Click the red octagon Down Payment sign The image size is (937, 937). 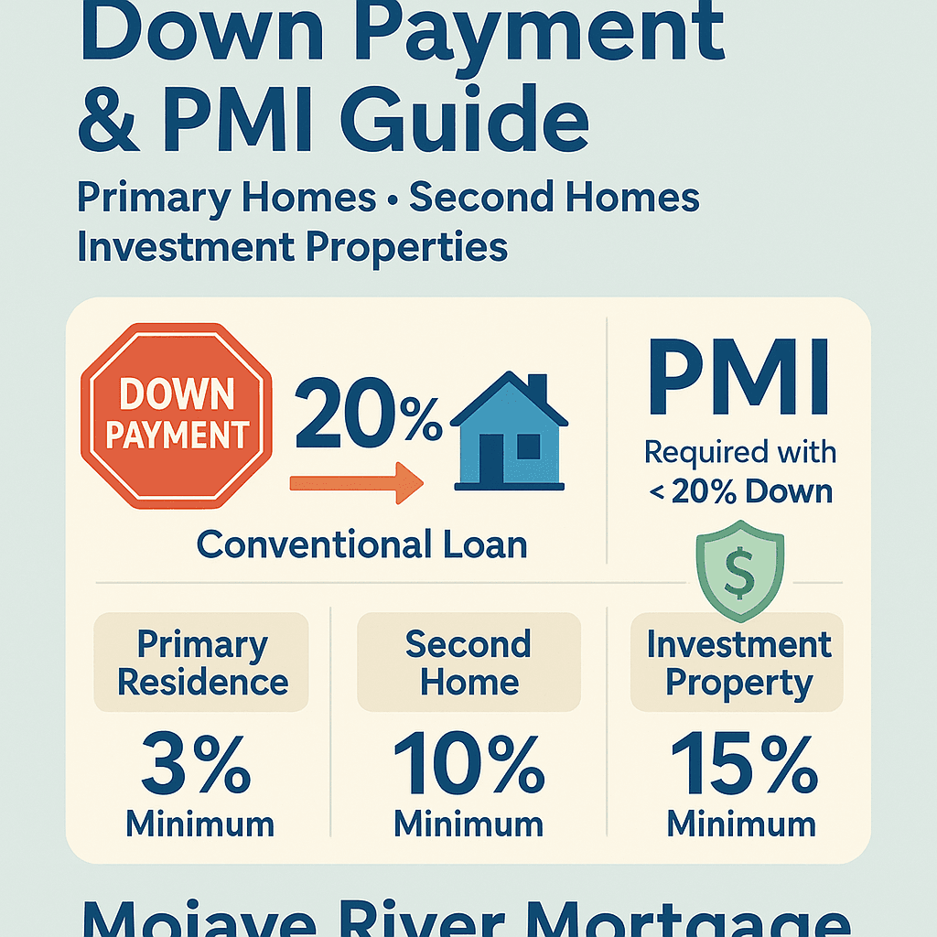pyautogui.click(x=177, y=416)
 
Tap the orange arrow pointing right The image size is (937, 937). pyautogui.click(x=357, y=483)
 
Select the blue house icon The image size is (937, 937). pyautogui.click(x=509, y=431)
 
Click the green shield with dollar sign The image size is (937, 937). pyautogui.click(x=739, y=570)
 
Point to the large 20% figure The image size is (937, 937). pyautogui.click(x=369, y=414)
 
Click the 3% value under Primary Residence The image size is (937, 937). pyautogui.click(x=196, y=764)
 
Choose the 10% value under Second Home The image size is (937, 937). pyautogui.click(x=469, y=764)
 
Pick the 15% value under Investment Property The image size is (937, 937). pyautogui.click(x=744, y=764)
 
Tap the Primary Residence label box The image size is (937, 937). pyautogui.click(x=201, y=662)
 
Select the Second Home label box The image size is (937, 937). pyautogui.click(x=469, y=662)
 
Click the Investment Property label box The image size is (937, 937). pyautogui.click(x=737, y=662)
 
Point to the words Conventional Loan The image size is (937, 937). pyautogui.click(x=362, y=545)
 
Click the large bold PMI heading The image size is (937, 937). pyautogui.click(x=739, y=377)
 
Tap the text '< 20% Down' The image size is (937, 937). pyautogui.click(x=740, y=491)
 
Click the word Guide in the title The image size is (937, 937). pyautogui.click(x=465, y=120)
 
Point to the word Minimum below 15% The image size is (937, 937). pyautogui.click(x=741, y=824)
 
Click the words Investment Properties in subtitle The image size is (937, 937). pyautogui.click(x=292, y=248)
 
